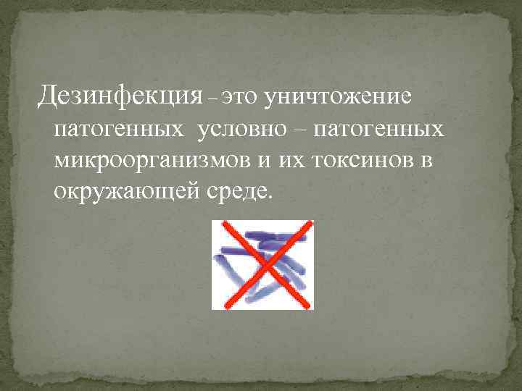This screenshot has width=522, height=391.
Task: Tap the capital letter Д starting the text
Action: pyautogui.click(x=48, y=95)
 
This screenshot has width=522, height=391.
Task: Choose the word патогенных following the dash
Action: pyautogui.click(x=380, y=130)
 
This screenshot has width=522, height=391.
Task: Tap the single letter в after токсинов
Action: pyautogui.click(x=427, y=161)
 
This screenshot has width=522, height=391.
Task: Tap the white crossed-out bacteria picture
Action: pyautogui.click(x=262, y=265)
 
